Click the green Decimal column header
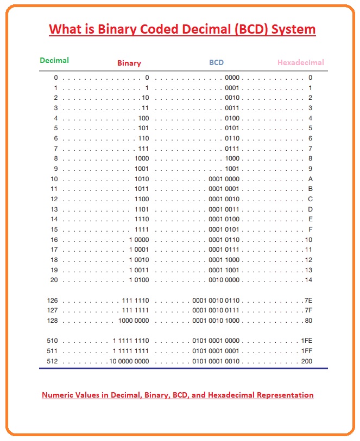(x=54, y=60)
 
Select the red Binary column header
(x=129, y=63)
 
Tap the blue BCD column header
(x=216, y=62)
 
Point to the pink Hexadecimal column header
(x=300, y=62)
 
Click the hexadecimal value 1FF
(x=307, y=351)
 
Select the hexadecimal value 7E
(x=308, y=300)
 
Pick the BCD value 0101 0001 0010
(x=216, y=361)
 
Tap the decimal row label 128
(x=52, y=321)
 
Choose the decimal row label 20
(x=54, y=280)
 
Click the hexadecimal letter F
(x=310, y=229)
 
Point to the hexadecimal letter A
(x=310, y=179)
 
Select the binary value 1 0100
(x=139, y=280)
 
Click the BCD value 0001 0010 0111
(x=216, y=310)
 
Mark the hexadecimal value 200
(x=307, y=361)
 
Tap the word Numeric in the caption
(x=58, y=395)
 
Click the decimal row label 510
(x=52, y=341)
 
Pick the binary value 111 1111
(x=135, y=310)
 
